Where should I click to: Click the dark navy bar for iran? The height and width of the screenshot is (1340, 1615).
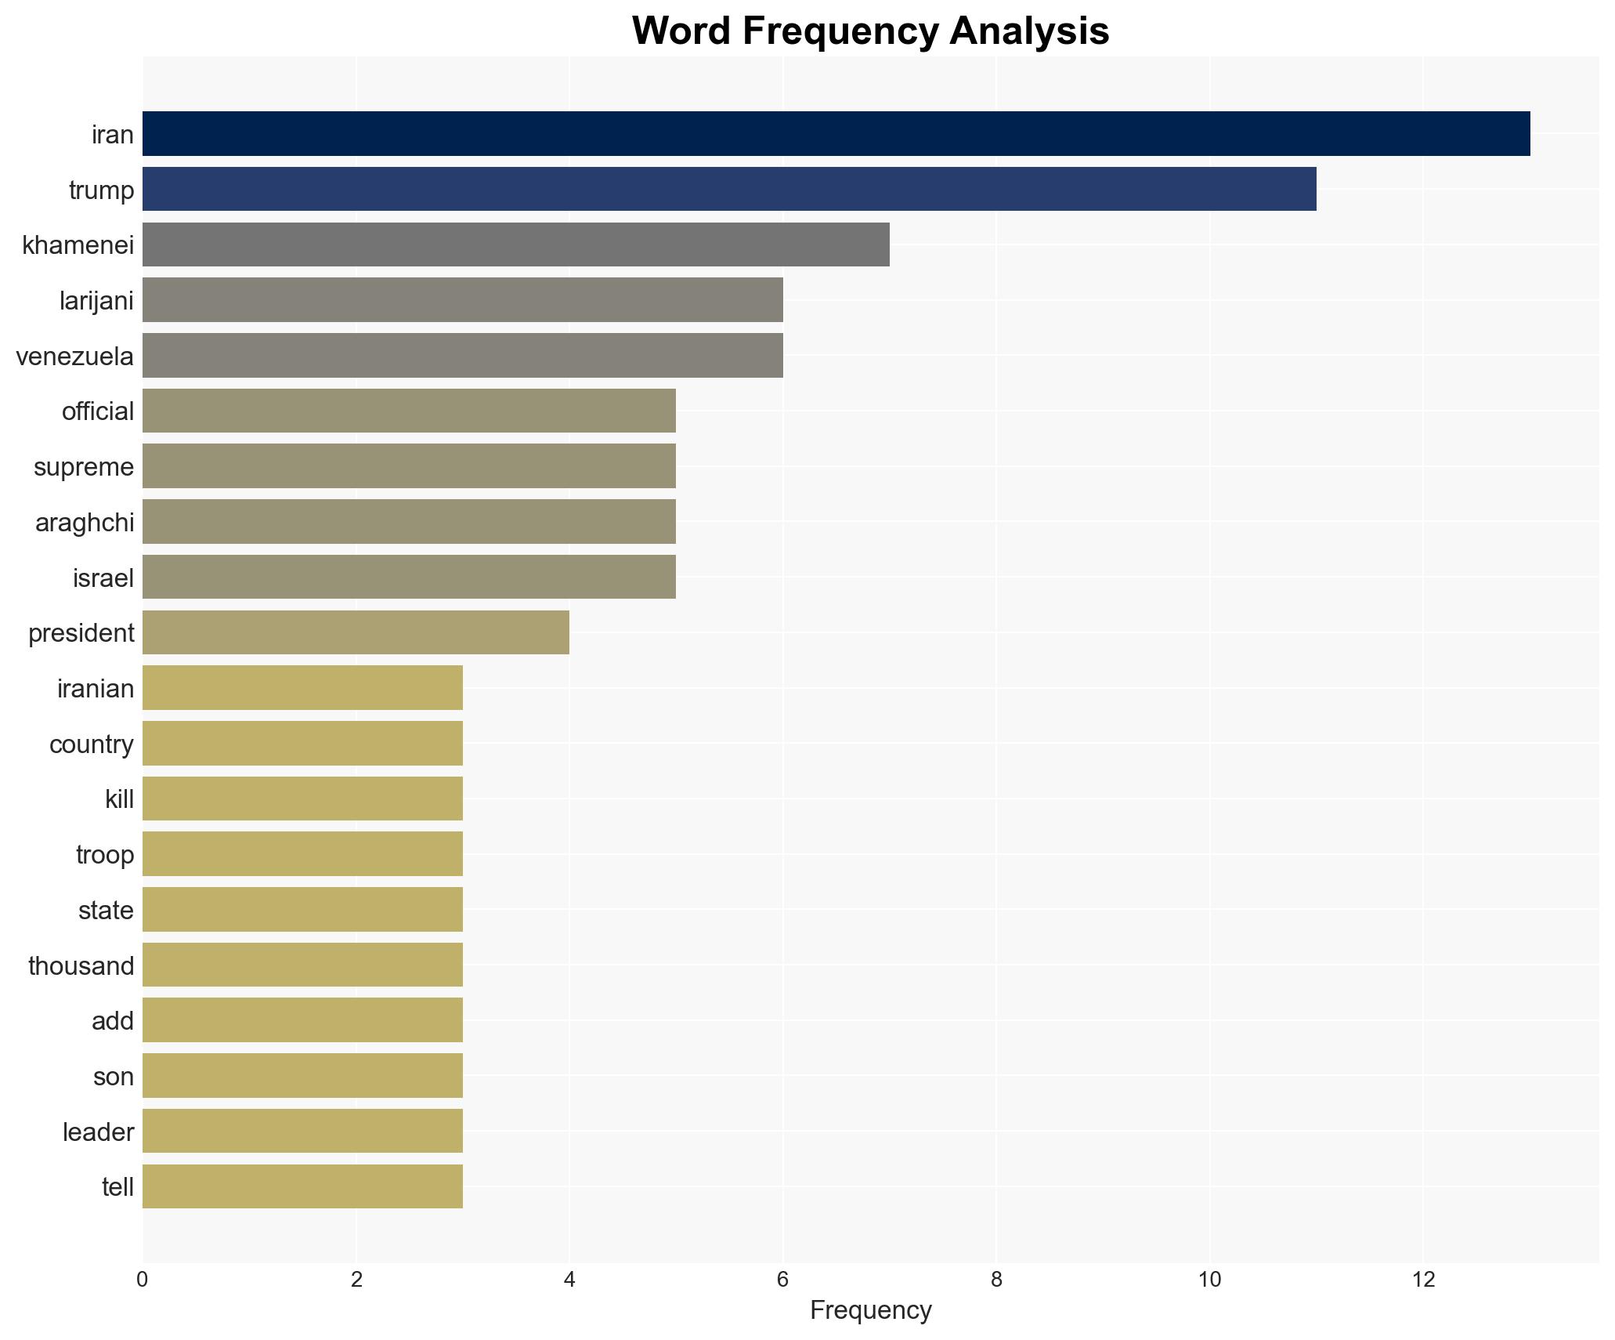click(836, 134)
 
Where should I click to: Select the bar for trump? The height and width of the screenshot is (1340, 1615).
click(728, 189)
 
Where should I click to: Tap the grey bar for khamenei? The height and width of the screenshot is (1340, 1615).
click(515, 244)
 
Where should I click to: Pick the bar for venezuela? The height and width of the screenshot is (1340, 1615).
click(462, 356)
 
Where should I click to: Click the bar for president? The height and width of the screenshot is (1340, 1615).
click(356, 632)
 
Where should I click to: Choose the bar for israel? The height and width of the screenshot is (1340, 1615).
click(409, 577)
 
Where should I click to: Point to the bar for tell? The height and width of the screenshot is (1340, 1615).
click(302, 1186)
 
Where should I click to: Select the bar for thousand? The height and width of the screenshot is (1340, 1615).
click(302, 965)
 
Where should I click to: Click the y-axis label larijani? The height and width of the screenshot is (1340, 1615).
click(96, 301)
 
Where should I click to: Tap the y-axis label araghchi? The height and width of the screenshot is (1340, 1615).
click(85, 523)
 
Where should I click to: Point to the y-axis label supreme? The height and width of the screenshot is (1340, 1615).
click(84, 467)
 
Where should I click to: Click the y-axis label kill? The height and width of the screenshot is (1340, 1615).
click(119, 799)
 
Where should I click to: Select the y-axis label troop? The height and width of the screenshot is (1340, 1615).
click(105, 855)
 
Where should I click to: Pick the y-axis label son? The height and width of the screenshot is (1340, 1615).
click(114, 1077)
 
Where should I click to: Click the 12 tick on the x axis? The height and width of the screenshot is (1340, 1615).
click(1423, 1280)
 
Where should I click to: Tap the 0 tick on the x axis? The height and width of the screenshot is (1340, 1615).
click(142, 1280)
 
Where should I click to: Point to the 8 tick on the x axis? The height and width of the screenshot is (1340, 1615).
click(996, 1280)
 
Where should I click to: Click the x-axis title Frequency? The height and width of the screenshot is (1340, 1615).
click(870, 1310)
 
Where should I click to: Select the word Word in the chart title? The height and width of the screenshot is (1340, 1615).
click(682, 31)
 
